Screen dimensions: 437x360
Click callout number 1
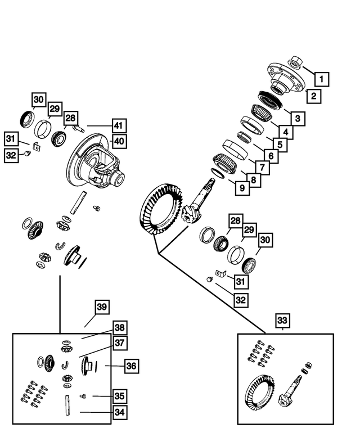tap(321, 79)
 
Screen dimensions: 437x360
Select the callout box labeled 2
tap(313, 96)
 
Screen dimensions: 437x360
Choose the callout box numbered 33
tap(283, 321)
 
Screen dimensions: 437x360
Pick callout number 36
tap(130, 366)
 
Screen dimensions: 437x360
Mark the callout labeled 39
tap(102, 307)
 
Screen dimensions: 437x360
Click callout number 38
tap(119, 328)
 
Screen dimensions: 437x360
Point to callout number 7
tap(262, 168)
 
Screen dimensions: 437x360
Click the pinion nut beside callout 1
tap(296, 61)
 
